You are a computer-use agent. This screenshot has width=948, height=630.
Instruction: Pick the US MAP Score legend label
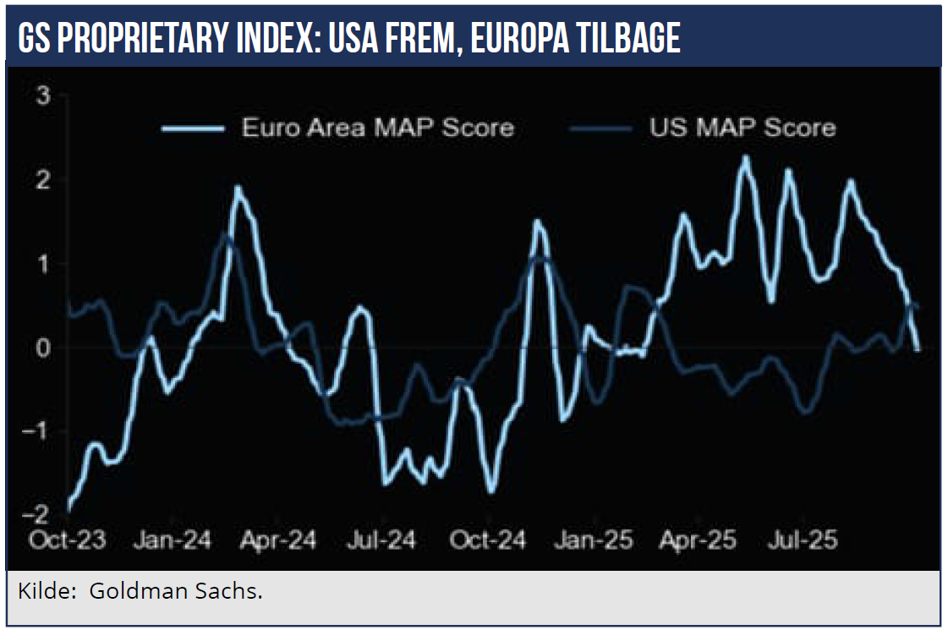click(743, 128)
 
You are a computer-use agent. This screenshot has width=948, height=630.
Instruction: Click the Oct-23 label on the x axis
click(68, 540)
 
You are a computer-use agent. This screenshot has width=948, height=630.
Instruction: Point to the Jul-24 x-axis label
click(382, 540)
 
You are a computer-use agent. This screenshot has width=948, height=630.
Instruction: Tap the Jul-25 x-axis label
click(802, 540)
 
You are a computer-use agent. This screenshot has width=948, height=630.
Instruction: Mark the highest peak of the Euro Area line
click(745, 156)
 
